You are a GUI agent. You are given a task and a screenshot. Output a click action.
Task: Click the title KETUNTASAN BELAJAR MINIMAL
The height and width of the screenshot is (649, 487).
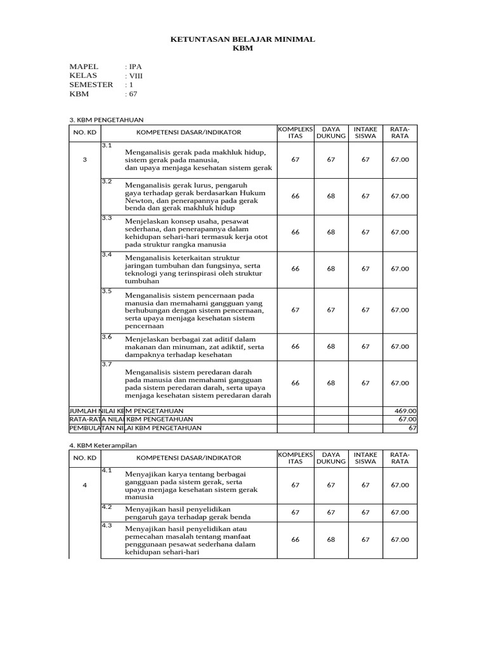[243, 40]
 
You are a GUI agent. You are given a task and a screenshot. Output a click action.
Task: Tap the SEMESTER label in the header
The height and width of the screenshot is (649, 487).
[91, 84]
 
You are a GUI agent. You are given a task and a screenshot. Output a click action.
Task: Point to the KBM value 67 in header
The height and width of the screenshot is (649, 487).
[131, 94]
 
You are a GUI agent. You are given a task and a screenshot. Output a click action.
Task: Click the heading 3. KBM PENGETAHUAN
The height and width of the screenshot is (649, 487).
[107, 119]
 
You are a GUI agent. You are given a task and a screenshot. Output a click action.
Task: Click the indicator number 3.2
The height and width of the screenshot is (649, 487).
[107, 182]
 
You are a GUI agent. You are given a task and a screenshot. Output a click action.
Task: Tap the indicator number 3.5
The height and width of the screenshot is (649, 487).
[107, 292]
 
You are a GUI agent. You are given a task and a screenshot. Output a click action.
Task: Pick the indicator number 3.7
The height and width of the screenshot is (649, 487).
[107, 364]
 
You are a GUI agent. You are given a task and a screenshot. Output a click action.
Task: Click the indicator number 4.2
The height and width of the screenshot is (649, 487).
[107, 507]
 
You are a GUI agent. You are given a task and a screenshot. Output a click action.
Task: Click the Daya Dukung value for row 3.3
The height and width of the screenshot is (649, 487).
[331, 232]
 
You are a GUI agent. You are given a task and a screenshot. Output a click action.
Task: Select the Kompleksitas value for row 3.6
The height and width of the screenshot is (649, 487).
[295, 347]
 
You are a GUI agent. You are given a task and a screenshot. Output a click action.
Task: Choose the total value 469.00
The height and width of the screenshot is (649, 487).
[405, 411]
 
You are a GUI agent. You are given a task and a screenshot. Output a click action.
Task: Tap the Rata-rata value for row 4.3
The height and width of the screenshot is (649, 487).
[400, 539]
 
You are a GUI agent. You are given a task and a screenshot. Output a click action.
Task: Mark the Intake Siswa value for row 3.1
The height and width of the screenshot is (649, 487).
[365, 160]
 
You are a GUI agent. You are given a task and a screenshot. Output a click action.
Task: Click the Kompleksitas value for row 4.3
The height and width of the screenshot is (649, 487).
[295, 539]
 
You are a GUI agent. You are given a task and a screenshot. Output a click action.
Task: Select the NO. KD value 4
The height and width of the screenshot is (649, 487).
[84, 485]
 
